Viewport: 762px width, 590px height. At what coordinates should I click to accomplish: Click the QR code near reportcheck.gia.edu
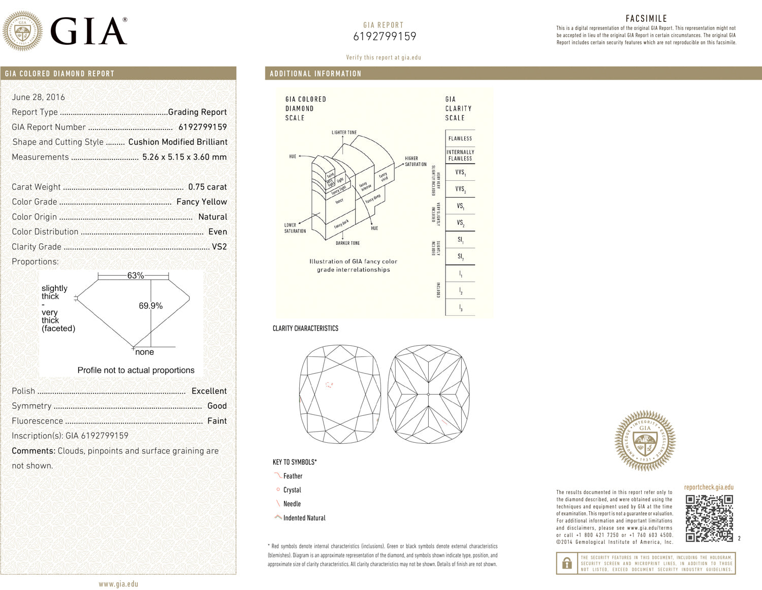tap(709, 518)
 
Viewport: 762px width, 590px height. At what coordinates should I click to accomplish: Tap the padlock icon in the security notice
tap(567, 564)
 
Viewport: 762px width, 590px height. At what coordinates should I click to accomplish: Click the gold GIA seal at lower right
tap(645, 440)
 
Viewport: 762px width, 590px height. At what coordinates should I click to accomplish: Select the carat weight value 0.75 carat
tap(207, 187)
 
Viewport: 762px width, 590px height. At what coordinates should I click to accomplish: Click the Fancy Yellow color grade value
tap(202, 202)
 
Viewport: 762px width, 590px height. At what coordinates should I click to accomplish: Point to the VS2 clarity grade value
tap(219, 247)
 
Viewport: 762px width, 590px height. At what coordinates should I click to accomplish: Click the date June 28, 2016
tap(39, 97)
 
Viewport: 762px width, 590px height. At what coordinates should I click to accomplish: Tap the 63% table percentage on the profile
tap(135, 275)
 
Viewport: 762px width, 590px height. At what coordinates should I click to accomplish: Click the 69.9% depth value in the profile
tap(150, 306)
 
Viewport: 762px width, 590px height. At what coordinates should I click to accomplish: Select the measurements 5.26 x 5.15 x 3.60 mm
tap(184, 157)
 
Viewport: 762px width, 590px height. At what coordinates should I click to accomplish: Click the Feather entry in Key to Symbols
tap(293, 476)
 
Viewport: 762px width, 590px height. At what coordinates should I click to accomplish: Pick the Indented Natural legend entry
tap(304, 518)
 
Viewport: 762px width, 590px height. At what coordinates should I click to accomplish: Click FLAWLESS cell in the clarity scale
tap(460, 139)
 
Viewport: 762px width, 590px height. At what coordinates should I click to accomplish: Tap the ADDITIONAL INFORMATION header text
tap(315, 74)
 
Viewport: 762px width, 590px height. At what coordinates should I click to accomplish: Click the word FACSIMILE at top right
tap(646, 18)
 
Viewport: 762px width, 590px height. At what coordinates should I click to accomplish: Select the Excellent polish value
tap(209, 391)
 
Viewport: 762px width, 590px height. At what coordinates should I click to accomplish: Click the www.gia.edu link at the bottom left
tap(118, 584)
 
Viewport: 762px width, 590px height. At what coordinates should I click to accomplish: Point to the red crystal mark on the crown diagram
tap(329, 385)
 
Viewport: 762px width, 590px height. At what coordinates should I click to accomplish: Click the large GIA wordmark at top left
tap(89, 31)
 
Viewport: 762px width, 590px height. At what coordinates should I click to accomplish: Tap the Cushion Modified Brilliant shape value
tap(178, 142)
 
